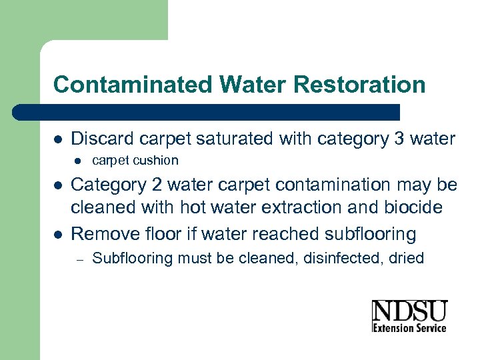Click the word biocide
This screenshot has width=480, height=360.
click(x=411, y=208)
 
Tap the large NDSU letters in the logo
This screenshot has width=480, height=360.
click(x=409, y=311)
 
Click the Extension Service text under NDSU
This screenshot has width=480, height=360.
click(x=409, y=327)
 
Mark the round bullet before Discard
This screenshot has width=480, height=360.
click(x=58, y=140)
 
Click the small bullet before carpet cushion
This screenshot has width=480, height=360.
click(x=77, y=161)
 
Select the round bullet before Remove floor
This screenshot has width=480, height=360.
click(x=58, y=235)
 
